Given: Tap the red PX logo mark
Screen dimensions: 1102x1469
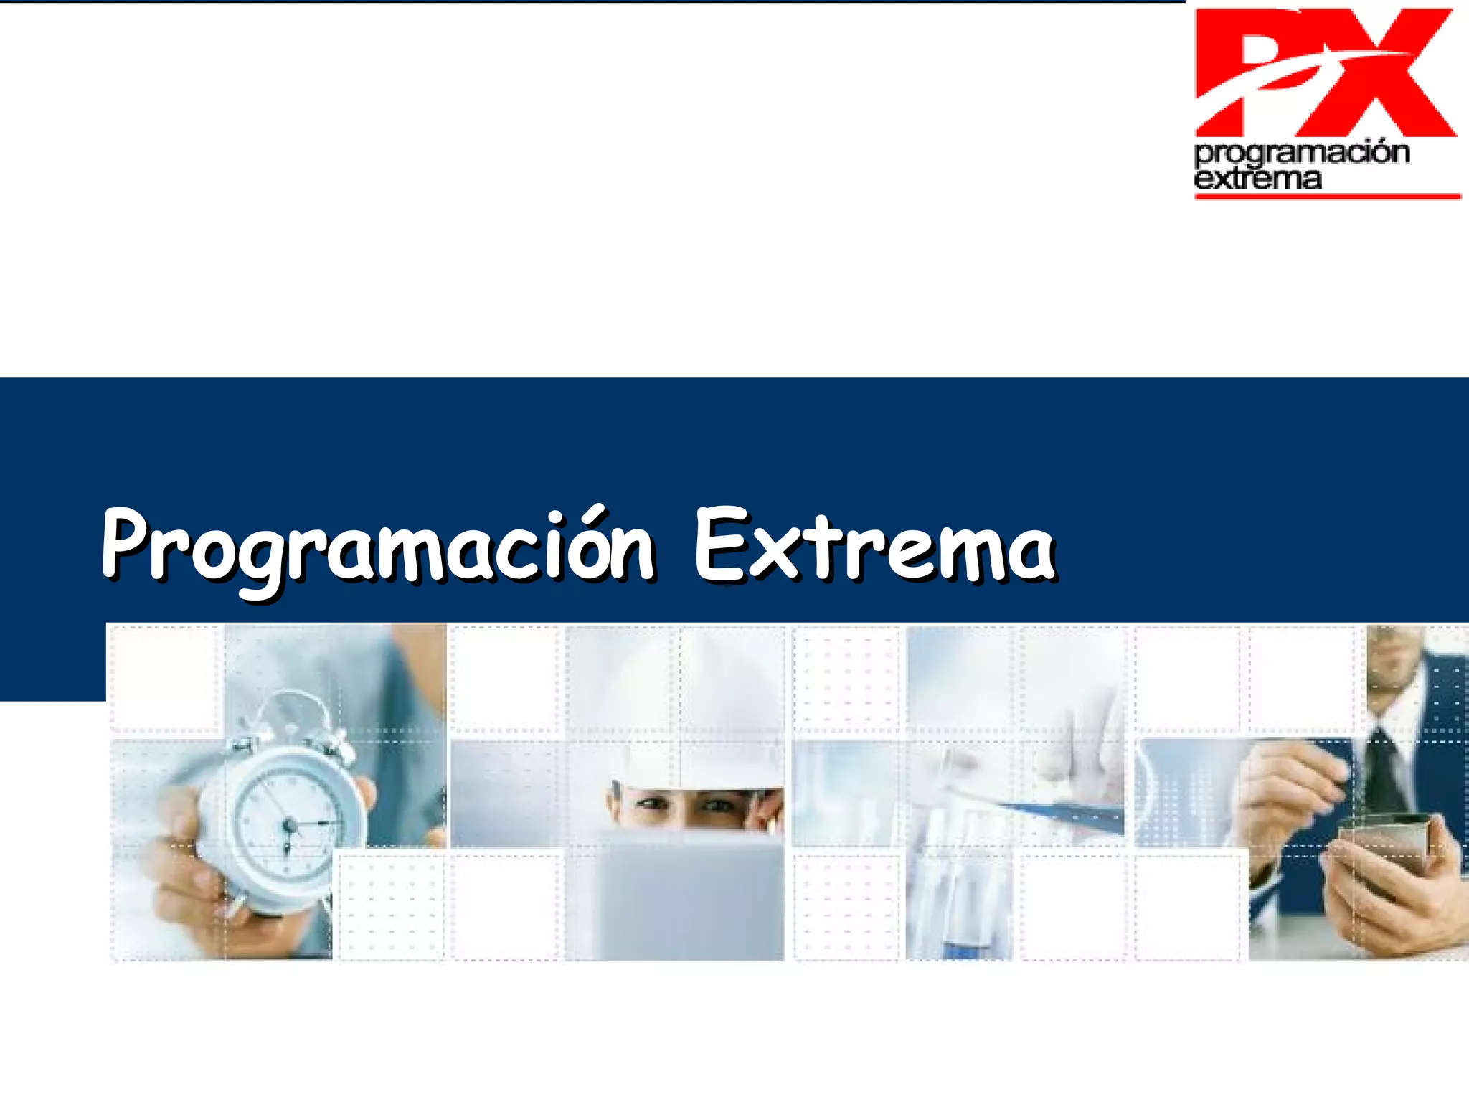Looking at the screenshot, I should (x=1323, y=72).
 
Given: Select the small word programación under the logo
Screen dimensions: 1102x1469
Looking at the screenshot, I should (x=1302, y=153).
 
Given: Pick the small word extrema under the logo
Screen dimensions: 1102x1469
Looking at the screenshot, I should (x=1257, y=179).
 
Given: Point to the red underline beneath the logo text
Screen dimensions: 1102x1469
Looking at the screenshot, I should (x=1327, y=196).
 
